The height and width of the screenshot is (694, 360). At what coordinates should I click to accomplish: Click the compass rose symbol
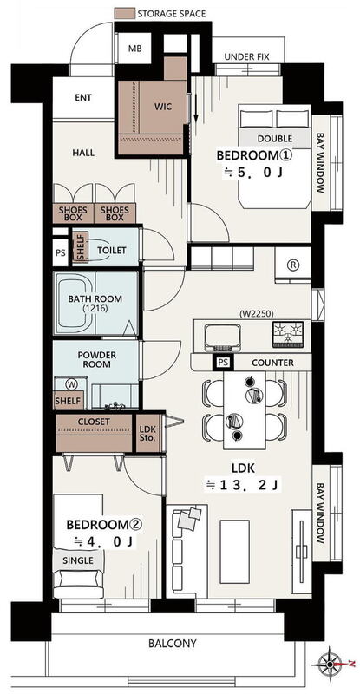tap(330, 664)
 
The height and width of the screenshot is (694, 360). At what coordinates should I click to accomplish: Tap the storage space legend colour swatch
tap(124, 13)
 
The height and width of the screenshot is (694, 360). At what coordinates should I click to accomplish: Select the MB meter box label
tap(135, 49)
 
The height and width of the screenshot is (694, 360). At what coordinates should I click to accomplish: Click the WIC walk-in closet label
tap(163, 107)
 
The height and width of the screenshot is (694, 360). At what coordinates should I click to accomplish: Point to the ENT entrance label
tap(83, 98)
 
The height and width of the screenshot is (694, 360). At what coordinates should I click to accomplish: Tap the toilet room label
tap(112, 251)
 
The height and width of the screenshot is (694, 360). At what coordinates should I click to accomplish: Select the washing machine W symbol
tap(71, 383)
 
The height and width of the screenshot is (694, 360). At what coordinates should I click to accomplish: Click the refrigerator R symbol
tap(293, 265)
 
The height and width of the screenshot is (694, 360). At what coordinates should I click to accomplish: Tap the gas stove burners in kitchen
tap(288, 334)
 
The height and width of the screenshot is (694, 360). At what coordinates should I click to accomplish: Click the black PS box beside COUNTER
tap(224, 363)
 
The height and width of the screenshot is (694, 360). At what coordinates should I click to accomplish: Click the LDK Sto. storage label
tap(147, 433)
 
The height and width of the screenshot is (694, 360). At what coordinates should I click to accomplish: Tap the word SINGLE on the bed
tap(78, 560)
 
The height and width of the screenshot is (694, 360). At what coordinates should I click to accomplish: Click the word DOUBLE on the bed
tap(274, 139)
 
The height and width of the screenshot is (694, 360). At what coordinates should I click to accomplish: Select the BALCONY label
tap(173, 643)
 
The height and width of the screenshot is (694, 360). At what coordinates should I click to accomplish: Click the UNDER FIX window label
tap(246, 57)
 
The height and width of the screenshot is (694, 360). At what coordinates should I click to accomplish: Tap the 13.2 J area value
tap(243, 486)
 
